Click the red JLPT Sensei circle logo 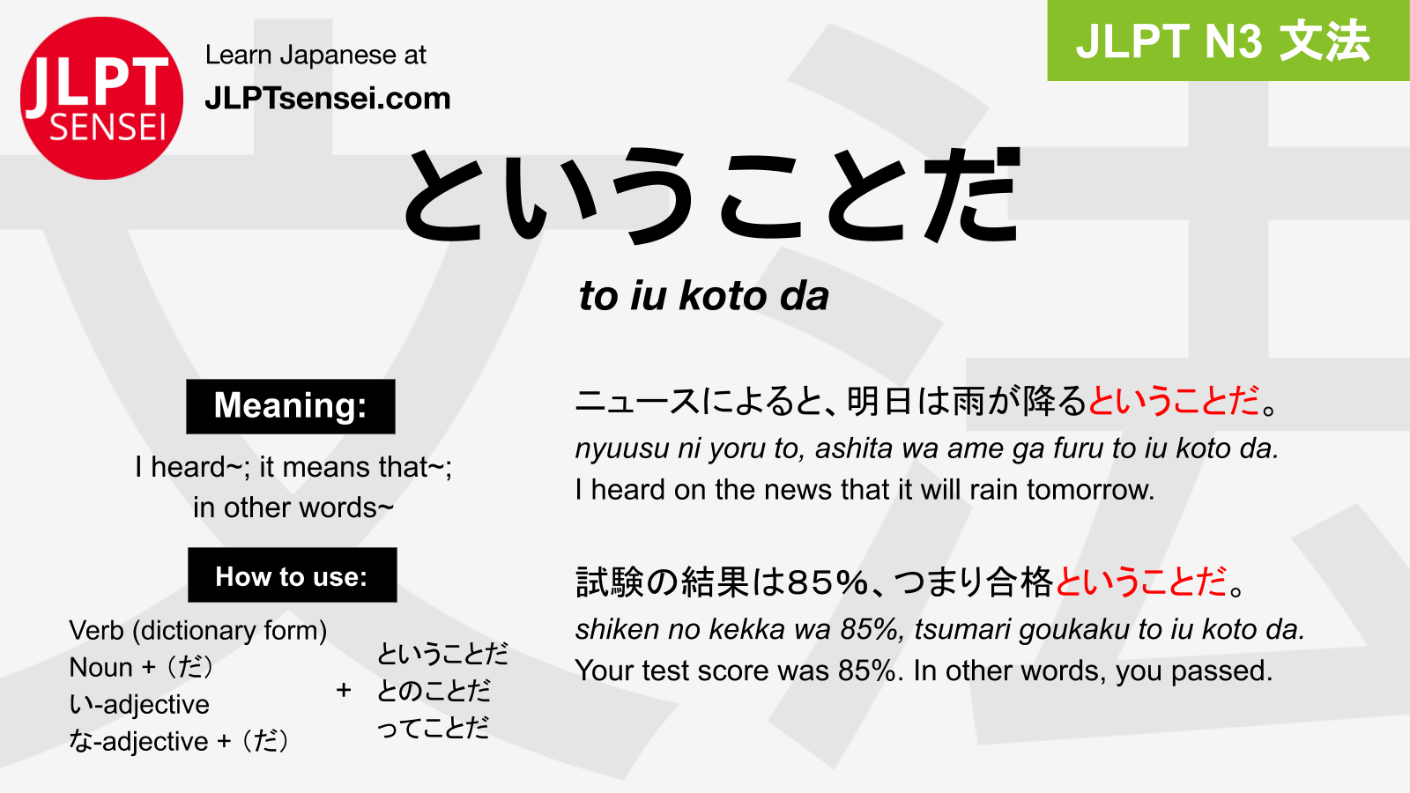pos(102,98)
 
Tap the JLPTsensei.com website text pos(328,99)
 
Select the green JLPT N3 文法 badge pos(1228,41)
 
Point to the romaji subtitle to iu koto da pos(704,296)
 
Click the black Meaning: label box pos(291,406)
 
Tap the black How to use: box pos(292,574)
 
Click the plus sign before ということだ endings pos(344,690)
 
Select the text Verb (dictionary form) pos(197,631)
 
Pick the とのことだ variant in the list pos(433,691)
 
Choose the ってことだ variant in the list pos(433,728)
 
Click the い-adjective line pos(139,704)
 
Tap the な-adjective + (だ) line pos(179,741)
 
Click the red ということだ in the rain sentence pos(1174,401)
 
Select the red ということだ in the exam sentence pos(1140,582)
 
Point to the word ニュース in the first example pos(637,401)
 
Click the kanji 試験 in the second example pos(609,582)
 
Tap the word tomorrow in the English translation pos(1090,490)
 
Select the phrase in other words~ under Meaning pos(293,508)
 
